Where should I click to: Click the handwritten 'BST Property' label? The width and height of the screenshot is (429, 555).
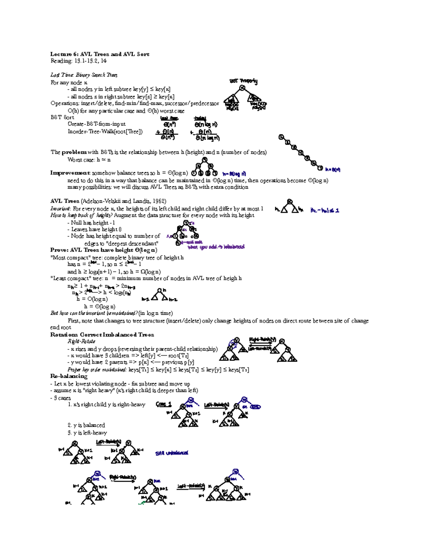243,81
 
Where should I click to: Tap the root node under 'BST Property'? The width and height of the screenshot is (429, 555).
242,88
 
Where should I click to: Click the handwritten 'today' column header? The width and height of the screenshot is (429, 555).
200,118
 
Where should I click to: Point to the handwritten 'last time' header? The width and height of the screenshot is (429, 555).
169,118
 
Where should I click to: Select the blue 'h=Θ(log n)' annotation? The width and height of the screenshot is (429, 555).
234,174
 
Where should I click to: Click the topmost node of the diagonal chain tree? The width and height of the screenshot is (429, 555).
281,137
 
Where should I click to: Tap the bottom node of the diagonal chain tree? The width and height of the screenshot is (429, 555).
320,168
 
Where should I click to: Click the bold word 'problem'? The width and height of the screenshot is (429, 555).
74,152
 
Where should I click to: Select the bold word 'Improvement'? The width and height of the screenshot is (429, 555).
70,173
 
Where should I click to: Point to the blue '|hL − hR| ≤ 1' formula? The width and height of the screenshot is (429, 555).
325,210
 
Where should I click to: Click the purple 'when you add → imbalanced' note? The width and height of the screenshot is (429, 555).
216,247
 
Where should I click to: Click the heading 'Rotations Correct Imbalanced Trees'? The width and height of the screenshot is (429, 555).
102,335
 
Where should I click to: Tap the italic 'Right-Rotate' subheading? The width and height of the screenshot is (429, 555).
82,342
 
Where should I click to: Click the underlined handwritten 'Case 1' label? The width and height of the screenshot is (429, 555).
164,404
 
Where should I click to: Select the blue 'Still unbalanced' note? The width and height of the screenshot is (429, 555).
172,453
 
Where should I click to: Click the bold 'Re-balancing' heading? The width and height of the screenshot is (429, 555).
69,376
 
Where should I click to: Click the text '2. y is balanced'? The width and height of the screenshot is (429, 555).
86,425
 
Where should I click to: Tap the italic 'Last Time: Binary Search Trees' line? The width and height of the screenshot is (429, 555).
84,75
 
